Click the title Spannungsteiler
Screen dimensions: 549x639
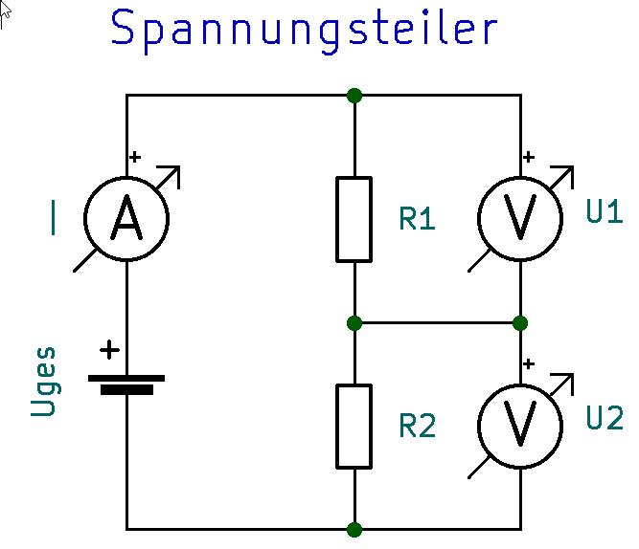pyautogui.click(x=305, y=29)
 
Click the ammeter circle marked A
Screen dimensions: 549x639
pyautogui.click(x=126, y=219)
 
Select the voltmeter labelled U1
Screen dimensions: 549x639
pyautogui.click(x=520, y=219)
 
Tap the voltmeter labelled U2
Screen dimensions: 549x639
pyautogui.click(x=520, y=426)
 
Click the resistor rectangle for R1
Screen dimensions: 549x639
pyautogui.click(x=354, y=219)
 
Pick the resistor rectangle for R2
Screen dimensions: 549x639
pyautogui.click(x=354, y=427)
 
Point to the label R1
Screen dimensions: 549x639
pyautogui.click(x=417, y=220)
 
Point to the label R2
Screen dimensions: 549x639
pyautogui.click(x=417, y=427)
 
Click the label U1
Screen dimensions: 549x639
pyautogui.click(x=604, y=212)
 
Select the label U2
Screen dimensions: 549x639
pyautogui.click(x=604, y=419)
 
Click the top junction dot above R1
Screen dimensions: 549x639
pyautogui.click(x=354, y=96)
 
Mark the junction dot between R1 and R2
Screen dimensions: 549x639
pyautogui.click(x=354, y=322)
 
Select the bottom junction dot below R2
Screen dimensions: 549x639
pyautogui.click(x=354, y=528)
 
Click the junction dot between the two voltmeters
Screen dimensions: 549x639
pyautogui.click(x=520, y=322)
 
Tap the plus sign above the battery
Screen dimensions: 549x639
pyautogui.click(x=110, y=350)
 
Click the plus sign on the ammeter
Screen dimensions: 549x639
pyautogui.click(x=135, y=156)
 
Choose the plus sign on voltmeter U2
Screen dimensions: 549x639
pyautogui.click(x=529, y=363)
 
